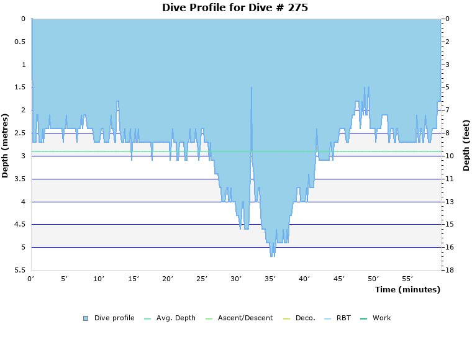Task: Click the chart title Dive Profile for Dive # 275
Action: [x=235, y=8]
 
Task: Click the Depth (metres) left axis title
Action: [x=6, y=145]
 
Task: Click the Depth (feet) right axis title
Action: [x=466, y=145]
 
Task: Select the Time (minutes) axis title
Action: [x=407, y=289]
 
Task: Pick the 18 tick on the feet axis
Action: [x=450, y=271]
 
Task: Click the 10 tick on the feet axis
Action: [x=450, y=156]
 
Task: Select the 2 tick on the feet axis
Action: [x=448, y=42]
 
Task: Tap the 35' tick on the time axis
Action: [x=270, y=279]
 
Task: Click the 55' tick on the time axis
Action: [x=407, y=279]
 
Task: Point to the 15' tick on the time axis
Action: [x=134, y=279]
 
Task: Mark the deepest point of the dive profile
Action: [x=271, y=256]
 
